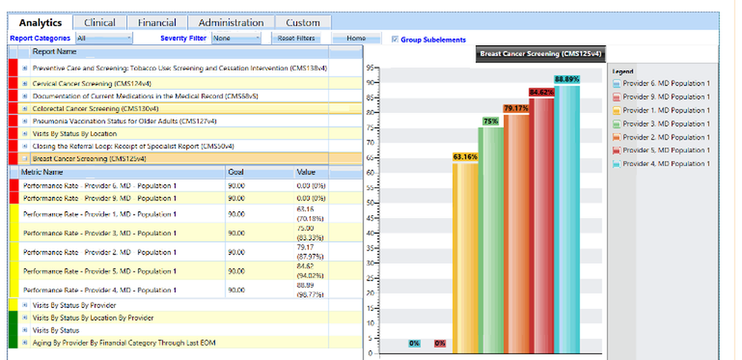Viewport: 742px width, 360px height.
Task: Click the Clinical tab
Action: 99,23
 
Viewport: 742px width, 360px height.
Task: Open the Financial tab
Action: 157,23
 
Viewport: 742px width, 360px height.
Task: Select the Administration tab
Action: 231,23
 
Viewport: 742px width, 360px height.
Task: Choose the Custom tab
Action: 303,23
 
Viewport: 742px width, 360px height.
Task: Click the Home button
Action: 356,39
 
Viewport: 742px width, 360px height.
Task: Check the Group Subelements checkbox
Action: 395,39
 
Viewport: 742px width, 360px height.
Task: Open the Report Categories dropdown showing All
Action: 104,38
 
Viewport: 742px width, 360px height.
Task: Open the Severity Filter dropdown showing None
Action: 237,38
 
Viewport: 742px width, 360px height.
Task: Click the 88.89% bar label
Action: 567,79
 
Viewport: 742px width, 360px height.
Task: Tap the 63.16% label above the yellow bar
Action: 465,157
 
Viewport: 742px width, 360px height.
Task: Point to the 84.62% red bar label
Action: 542,92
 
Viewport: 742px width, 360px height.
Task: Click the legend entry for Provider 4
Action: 661,163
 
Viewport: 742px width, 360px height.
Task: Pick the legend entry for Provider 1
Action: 661,110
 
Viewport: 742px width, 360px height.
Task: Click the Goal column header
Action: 236,171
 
